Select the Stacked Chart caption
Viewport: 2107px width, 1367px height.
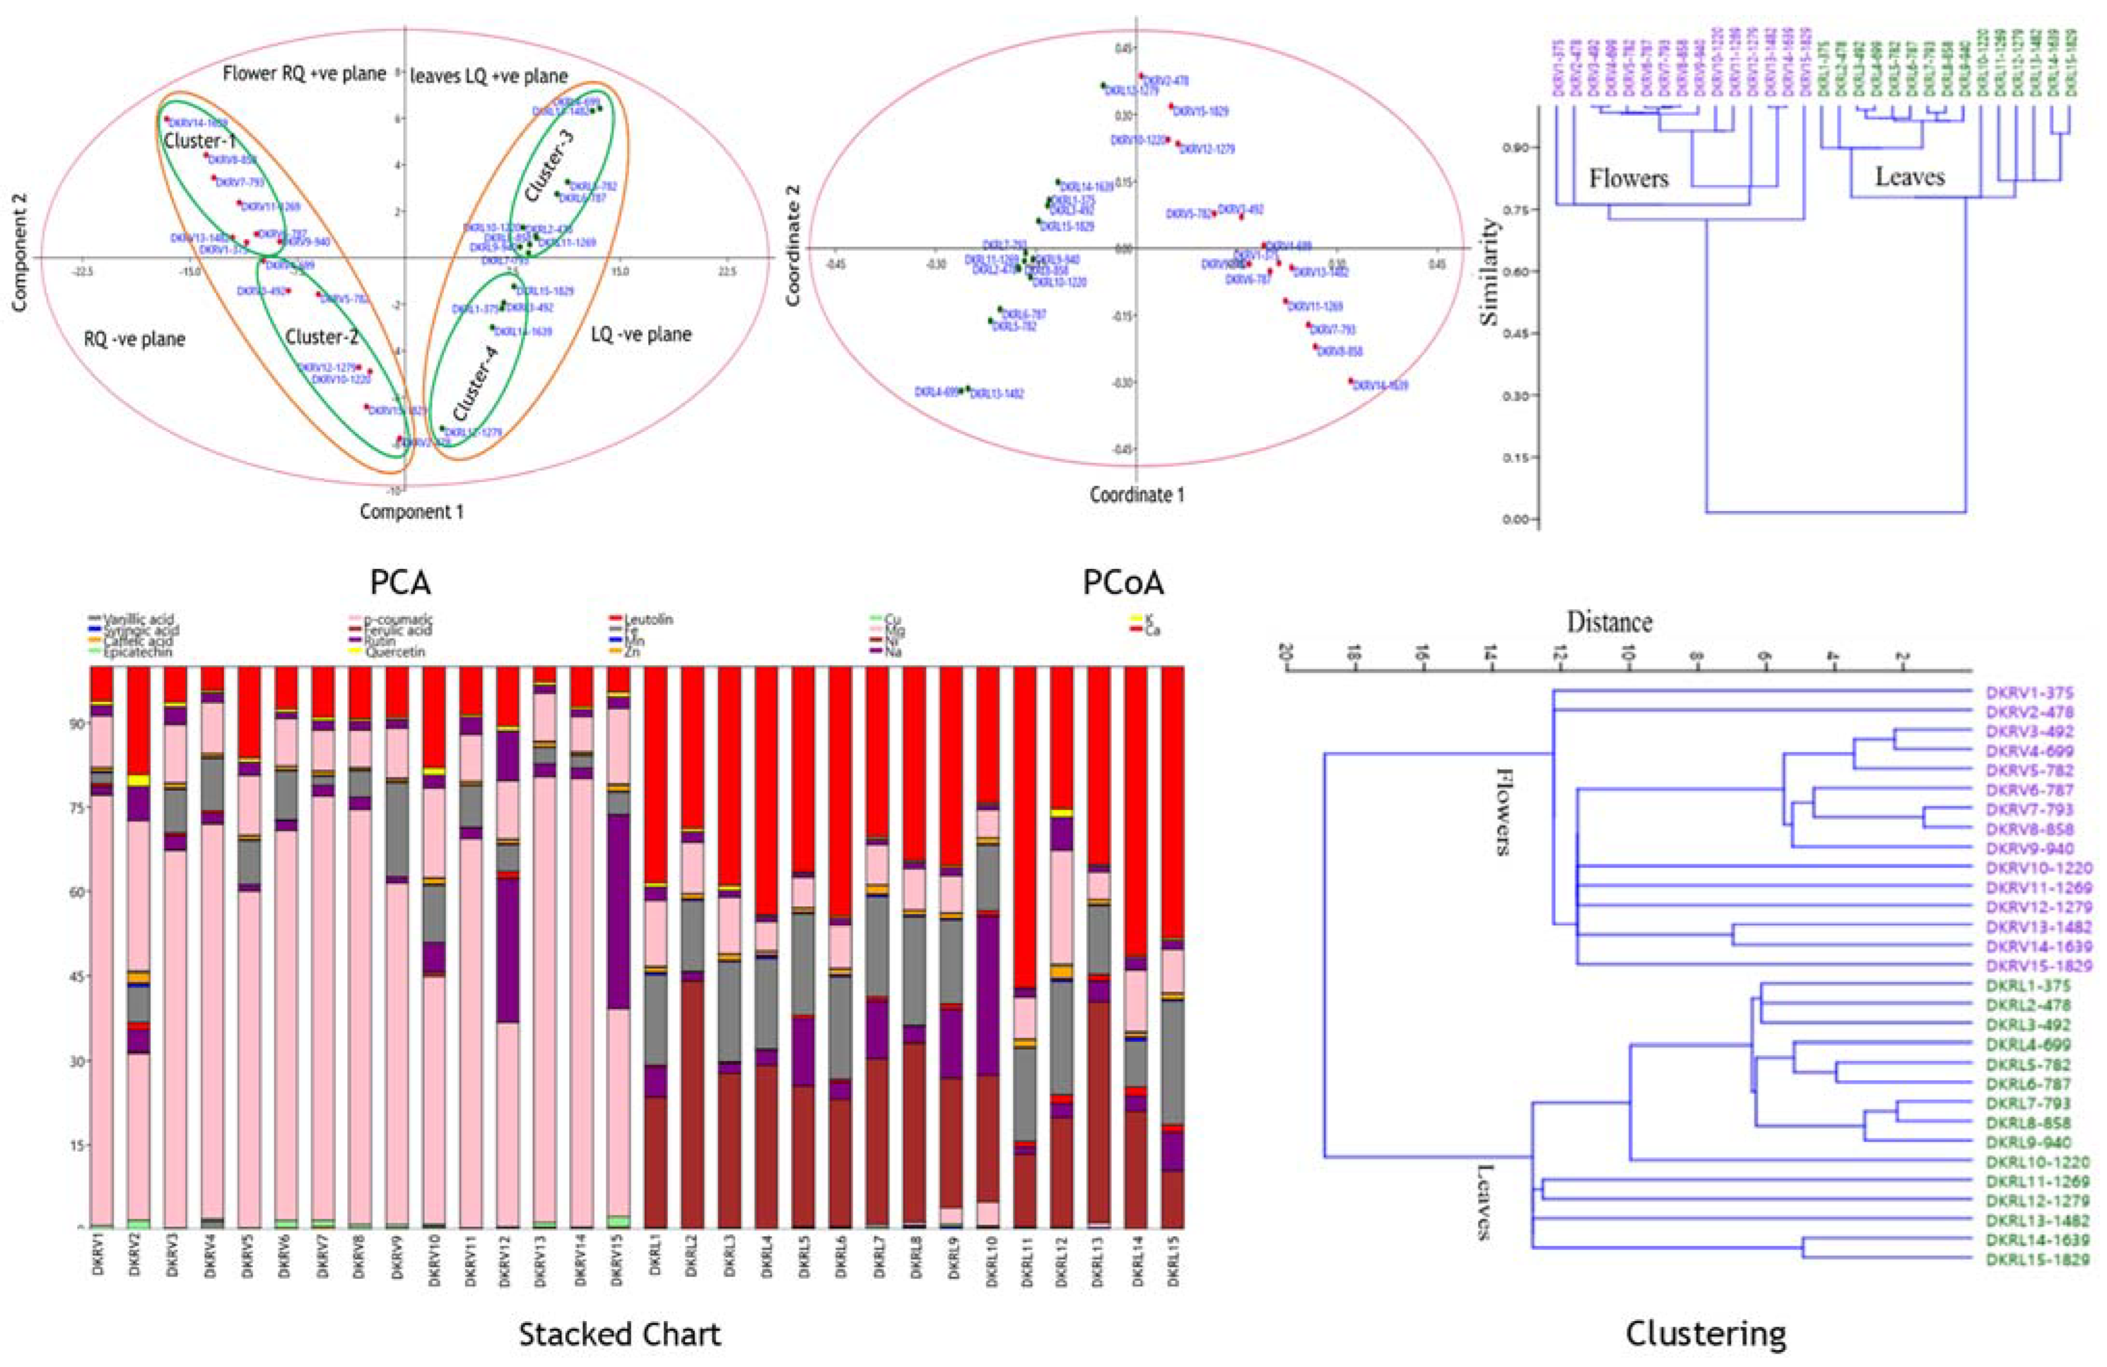(620, 1333)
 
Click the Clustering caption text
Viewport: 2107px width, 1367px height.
(1706, 1333)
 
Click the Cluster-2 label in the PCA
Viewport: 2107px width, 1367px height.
(321, 337)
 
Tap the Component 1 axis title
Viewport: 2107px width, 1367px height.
(411, 511)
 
